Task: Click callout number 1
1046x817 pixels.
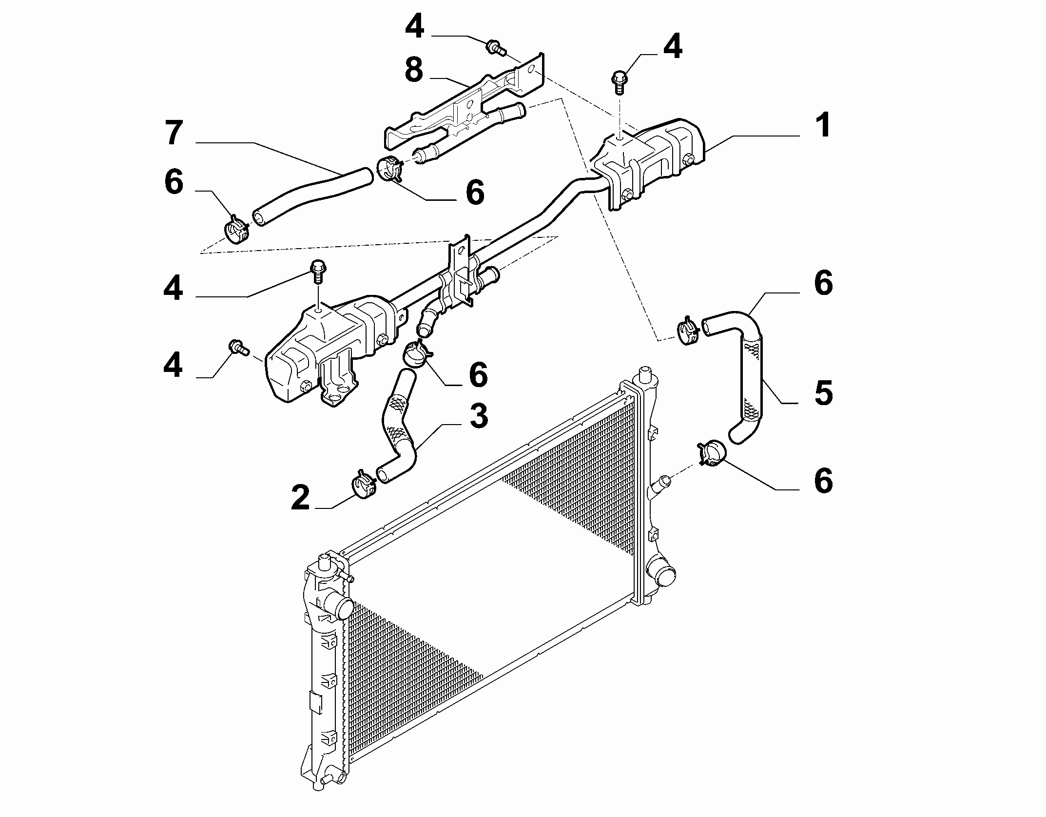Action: (823, 125)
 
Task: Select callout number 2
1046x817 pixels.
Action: (300, 498)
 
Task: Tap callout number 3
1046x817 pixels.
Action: (478, 416)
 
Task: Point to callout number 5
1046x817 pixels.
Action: (823, 392)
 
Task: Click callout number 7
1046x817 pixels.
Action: (174, 133)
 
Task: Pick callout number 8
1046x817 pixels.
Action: (414, 70)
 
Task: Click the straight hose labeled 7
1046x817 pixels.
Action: (312, 196)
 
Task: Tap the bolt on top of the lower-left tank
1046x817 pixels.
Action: (318, 271)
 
